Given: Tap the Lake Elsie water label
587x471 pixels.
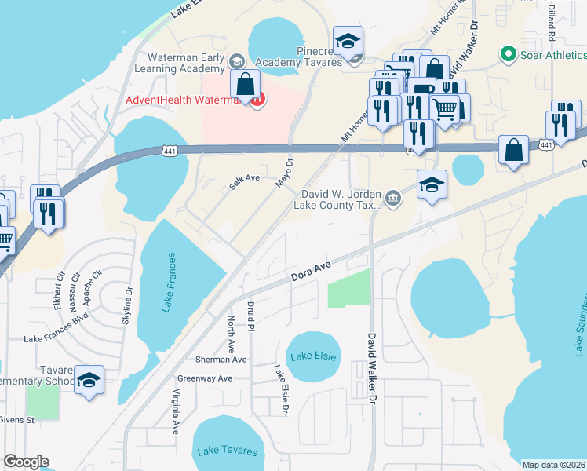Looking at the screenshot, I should tap(313, 356).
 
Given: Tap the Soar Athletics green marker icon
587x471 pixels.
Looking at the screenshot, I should tap(508, 55).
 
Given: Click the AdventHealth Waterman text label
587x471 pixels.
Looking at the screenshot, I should tap(184, 100).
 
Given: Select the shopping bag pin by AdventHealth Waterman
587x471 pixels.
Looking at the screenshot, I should tap(246, 85).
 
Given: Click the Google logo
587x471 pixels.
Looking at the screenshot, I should tap(26, 462).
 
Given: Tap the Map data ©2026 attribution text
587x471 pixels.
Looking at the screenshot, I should tap(553, 465).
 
